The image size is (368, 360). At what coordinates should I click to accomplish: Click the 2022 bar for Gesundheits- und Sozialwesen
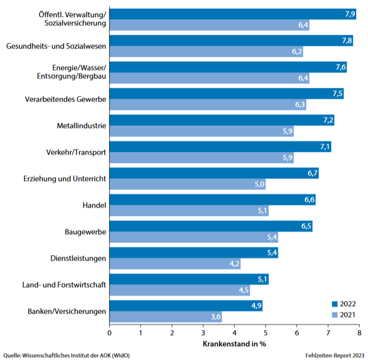[x=231, y=41]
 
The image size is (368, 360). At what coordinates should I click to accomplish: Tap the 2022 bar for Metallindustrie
[x=222, y=120]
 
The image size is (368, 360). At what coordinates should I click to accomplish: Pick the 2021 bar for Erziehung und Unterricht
[x=187, y=184]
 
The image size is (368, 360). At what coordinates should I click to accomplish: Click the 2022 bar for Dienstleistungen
[x=194, y=253]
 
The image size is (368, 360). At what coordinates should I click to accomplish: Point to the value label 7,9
[x=350, y=14]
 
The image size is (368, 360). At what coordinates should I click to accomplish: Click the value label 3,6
[x=215, y=317]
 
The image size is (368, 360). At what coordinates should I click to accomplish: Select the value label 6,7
[x=312, y=173]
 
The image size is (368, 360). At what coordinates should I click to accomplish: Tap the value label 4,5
[x=243, y=290]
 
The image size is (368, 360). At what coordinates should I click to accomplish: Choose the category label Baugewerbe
[x=85, y=232]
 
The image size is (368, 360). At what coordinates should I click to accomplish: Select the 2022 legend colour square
[x=335, y=304]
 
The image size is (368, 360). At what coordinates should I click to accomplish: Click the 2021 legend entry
[x=347, y=315]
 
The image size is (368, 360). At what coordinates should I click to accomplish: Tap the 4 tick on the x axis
[x=234, y=333]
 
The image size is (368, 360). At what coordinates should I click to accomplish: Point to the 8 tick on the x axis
[x=359, y=333]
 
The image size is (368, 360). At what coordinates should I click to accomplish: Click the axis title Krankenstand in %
[x=234, y=343]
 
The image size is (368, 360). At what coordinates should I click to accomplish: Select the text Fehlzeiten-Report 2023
[x=334, y=355]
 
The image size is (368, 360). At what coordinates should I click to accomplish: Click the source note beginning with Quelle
[x=66, y=355]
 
